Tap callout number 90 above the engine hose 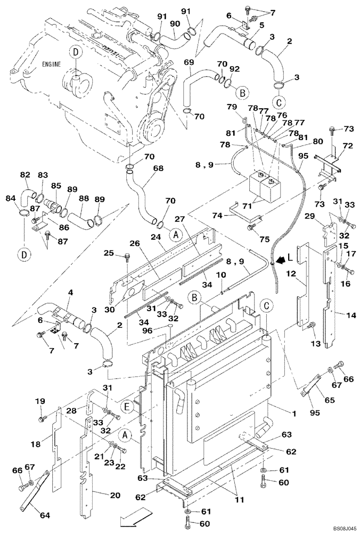click(x=174, y=25)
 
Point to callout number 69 click(x=189, y=62)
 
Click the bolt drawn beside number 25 click(x=127, y=258)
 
